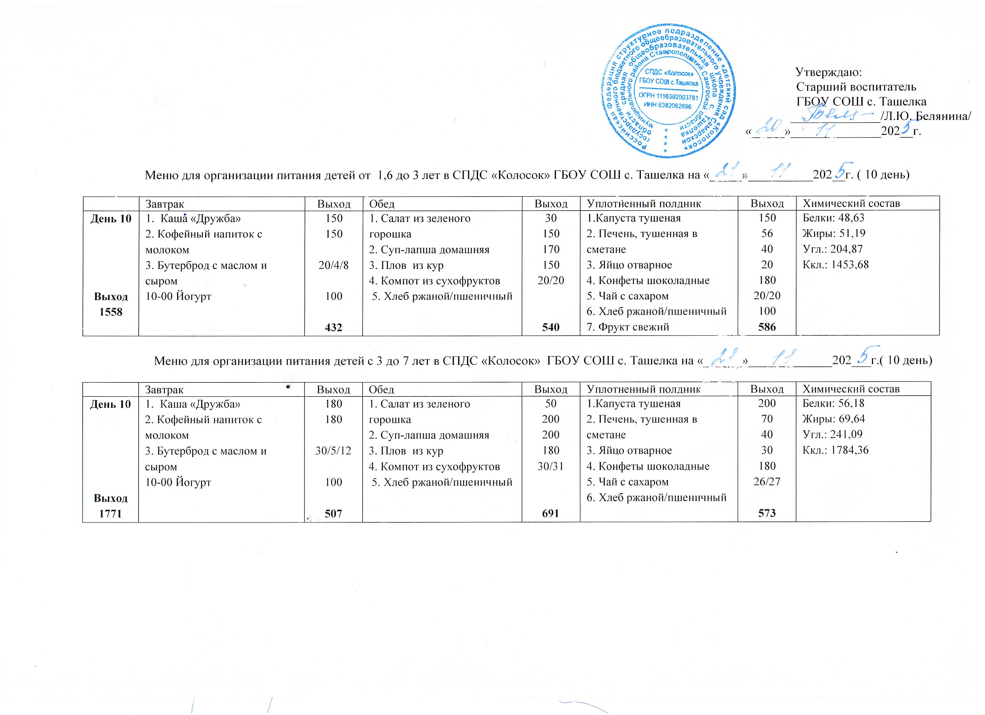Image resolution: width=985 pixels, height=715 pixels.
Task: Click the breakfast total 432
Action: click(x=334, y=327)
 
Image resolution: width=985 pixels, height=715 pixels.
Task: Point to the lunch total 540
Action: click(x=551, y=327)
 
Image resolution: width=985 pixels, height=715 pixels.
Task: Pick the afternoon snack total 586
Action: click(x=767, y=327)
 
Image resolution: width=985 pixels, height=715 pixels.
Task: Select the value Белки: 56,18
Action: click(x=833, y=403)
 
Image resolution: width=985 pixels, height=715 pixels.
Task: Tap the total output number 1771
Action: click(x=111, y=514)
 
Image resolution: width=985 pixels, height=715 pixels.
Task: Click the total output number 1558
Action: click(x=111, y=312)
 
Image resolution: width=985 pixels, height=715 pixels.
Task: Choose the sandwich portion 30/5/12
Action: click(x=334, y=451)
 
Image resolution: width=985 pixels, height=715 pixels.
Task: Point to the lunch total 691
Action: click(x=550, y=514)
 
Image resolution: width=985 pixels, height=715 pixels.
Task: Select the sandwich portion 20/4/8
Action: click(x=334, y=265)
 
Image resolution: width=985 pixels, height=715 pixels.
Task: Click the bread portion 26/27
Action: click(x=767, y=482)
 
